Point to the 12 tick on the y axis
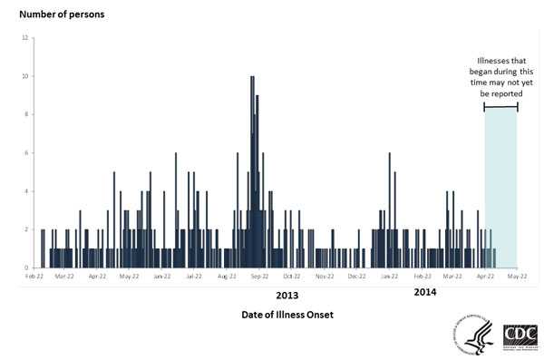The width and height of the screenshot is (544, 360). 25,38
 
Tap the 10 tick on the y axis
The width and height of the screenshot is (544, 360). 25,76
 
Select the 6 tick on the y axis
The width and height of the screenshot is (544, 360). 25,153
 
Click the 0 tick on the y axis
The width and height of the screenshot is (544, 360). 25,268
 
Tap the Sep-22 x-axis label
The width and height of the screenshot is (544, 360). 258,276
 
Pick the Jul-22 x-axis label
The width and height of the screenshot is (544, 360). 193,276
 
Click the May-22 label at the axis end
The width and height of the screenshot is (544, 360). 517,276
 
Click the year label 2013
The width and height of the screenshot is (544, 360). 287,296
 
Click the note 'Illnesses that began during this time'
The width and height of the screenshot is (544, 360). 500,77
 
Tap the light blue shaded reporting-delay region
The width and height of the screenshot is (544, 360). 500,190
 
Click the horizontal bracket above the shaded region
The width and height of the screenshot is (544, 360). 500,108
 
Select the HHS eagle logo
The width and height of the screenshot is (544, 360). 477,336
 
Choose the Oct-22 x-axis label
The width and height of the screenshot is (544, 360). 291,276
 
